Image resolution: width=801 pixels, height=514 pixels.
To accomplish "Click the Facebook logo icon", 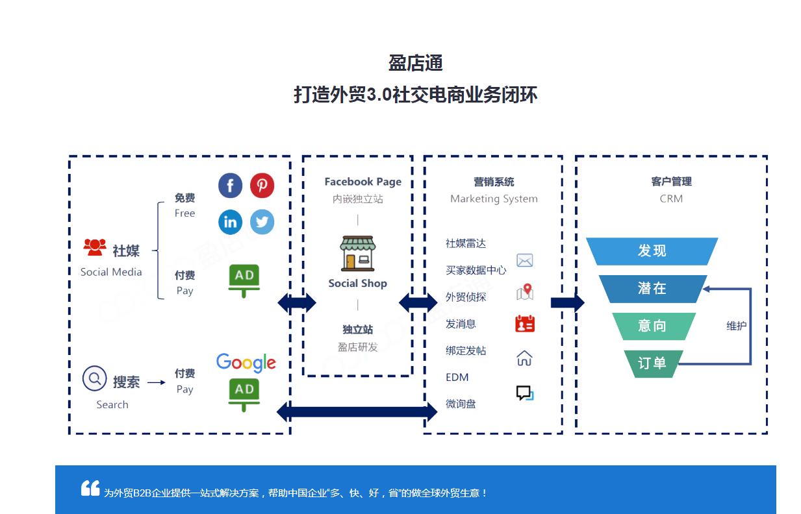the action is [230, 186].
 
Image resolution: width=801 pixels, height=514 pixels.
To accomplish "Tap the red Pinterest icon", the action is [262, 186].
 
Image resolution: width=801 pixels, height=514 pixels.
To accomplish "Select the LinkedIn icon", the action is [230, 222].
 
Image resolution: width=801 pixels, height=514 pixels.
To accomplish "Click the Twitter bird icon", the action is [262, 222].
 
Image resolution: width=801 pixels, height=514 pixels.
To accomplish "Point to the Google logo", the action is [246, 363].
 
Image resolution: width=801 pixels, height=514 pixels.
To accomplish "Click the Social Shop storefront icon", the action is [357, 253].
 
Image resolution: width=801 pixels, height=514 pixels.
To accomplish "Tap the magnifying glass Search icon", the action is [94, 378].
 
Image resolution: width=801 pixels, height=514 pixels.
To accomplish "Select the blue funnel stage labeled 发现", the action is [652, 251].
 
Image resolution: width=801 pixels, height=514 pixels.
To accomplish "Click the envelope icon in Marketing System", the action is [525, 260].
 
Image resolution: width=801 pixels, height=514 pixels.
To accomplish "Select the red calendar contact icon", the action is [525, 324].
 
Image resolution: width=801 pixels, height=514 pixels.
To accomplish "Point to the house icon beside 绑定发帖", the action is [524, 358].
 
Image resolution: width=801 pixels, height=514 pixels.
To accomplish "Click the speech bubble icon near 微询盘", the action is [525, 393].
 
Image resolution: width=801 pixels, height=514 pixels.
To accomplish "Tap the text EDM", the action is [457, 377].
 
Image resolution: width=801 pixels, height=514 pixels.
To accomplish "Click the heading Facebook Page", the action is [362, 182].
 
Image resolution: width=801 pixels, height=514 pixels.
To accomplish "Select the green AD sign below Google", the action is [244, 395].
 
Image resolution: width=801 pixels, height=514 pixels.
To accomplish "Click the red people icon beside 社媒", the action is [95, 247].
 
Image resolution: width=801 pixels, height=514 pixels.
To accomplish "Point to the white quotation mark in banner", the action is [90, 488].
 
